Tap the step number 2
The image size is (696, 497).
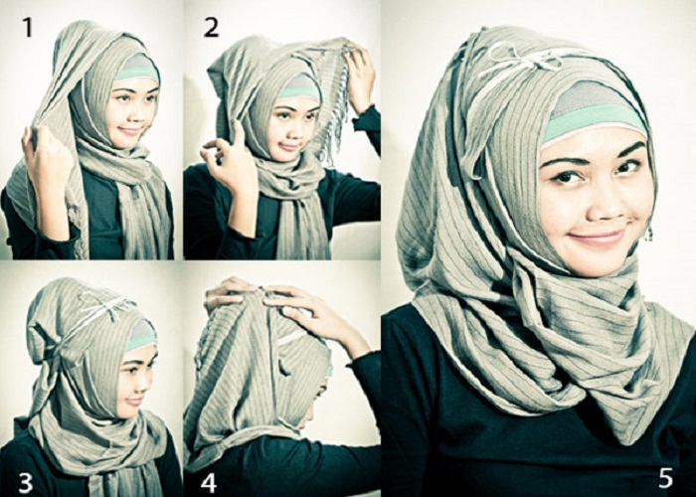(211, 28)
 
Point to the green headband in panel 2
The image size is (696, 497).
(297, 91)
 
